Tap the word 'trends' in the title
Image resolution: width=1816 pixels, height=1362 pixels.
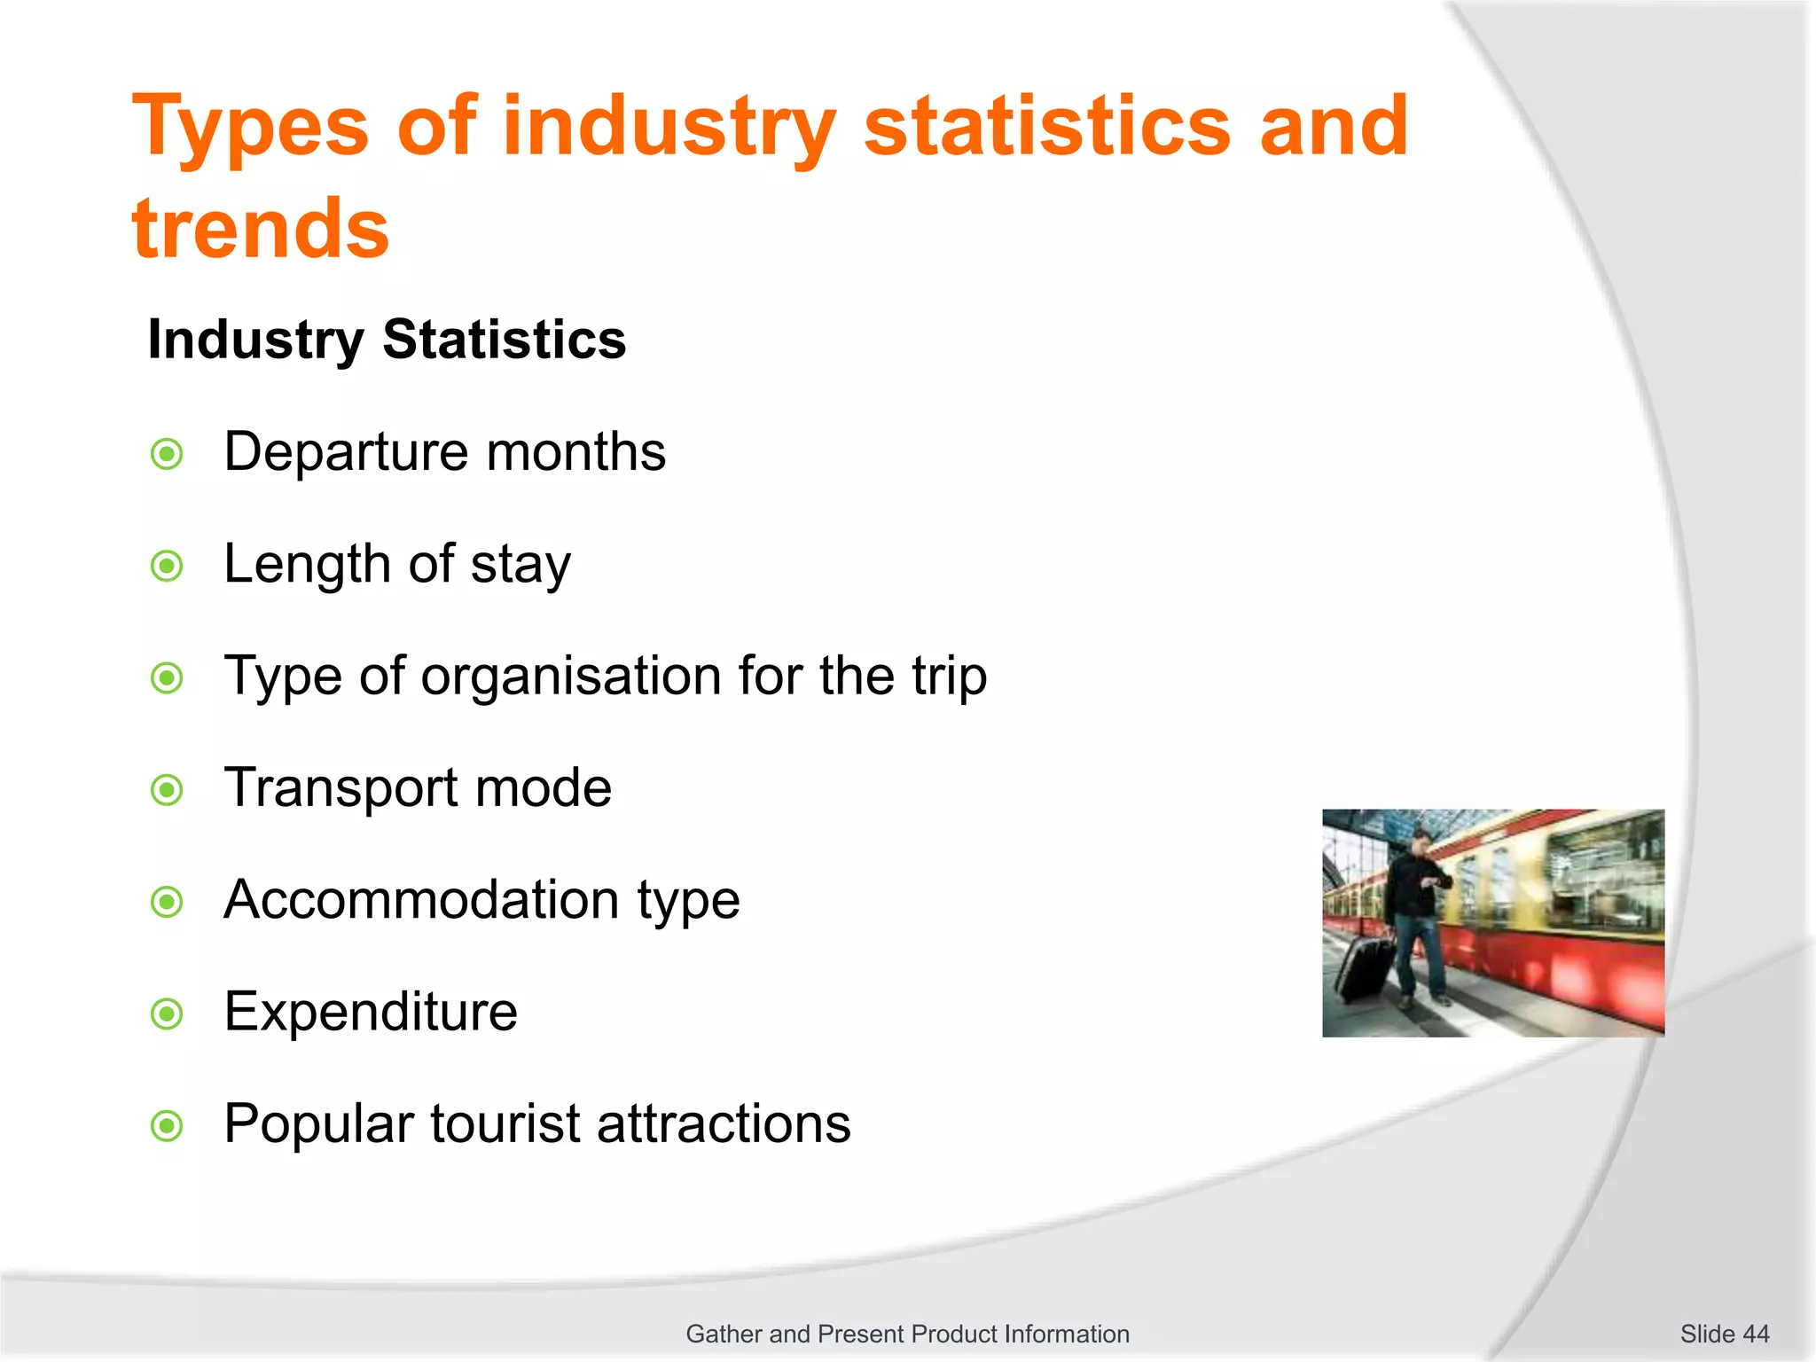coord(261,229)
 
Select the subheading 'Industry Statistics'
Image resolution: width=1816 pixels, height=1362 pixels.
coord(387,340)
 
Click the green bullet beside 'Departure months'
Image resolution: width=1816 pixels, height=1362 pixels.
coord(167,455)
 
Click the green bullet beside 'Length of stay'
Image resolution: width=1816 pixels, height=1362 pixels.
coord(167,566)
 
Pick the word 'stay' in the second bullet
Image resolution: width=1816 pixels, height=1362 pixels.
coord(521,566)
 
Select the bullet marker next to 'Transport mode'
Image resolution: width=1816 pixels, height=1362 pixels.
coord(167,789)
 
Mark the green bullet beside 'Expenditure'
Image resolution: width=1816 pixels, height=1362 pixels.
coord(167,1014)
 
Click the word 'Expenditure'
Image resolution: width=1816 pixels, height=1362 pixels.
coord(371,1012)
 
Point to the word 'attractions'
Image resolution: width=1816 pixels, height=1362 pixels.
coord(724,1124)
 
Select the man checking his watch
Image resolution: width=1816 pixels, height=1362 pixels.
coord(1416,913)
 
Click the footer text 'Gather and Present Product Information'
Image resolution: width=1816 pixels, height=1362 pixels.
coord(907,1334)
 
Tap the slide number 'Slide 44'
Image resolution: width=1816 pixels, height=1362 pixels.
coord(1724,1334)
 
